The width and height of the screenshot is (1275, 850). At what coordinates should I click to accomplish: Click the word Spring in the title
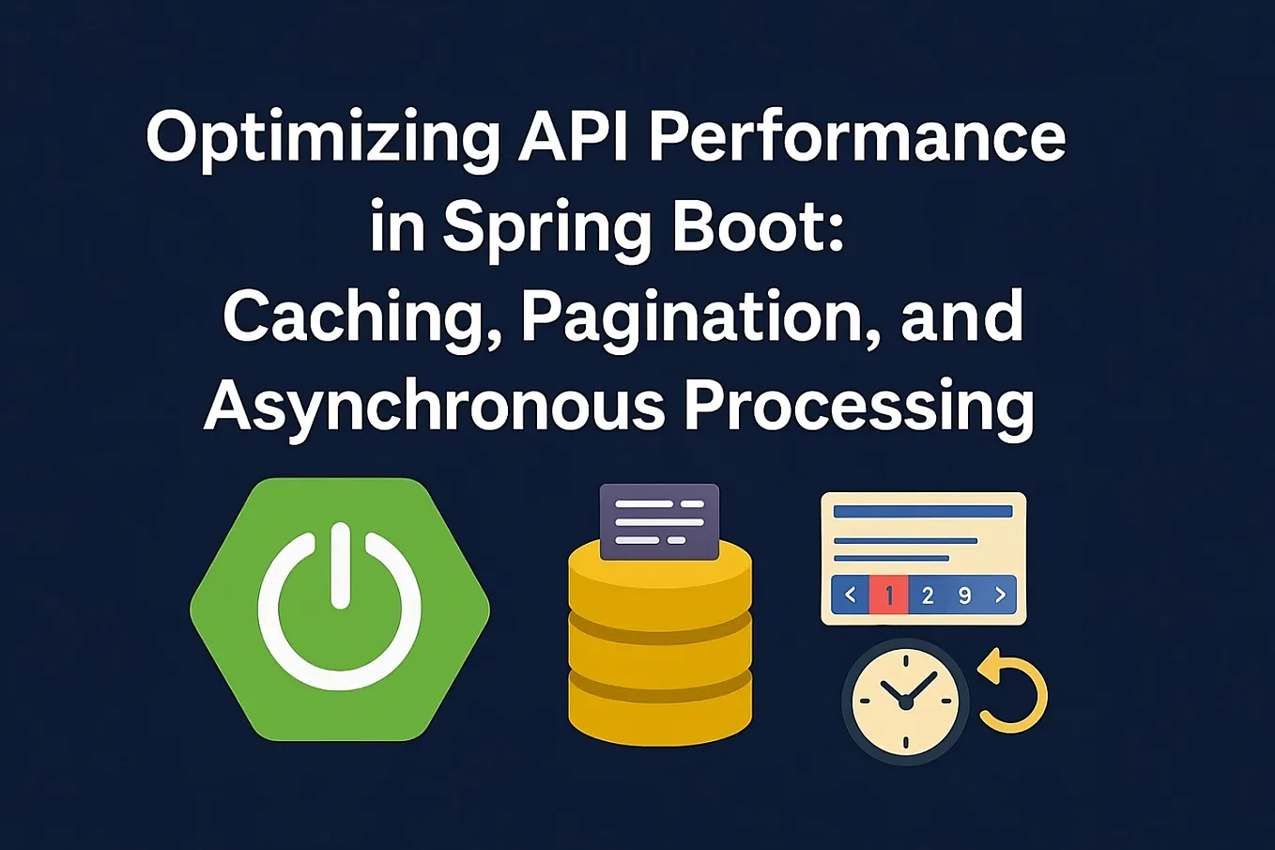pyautogui.click(x=547, y=228)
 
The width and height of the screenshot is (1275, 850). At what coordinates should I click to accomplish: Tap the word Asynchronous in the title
pyautogui.click(x=433, y=407)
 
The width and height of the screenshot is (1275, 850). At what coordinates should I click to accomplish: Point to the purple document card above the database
pyautogui.click(x=659, y=521)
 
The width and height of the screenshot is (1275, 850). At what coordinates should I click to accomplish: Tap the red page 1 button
pyautogui.click(x=888, y=595)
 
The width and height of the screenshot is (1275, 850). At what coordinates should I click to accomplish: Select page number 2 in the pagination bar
pyautogui.click(x=928, y=595)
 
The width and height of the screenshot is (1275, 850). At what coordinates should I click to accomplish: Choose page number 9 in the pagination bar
pyautogui.click(x=964, y=595)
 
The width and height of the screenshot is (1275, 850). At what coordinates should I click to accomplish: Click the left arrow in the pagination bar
pyautogui.click(x=851, y=595)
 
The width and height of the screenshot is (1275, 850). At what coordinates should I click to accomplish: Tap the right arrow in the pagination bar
pyautogui.click(x=1000, y=595)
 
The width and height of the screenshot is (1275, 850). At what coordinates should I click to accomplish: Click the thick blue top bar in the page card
pyautogui.click(x=923, y=512)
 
